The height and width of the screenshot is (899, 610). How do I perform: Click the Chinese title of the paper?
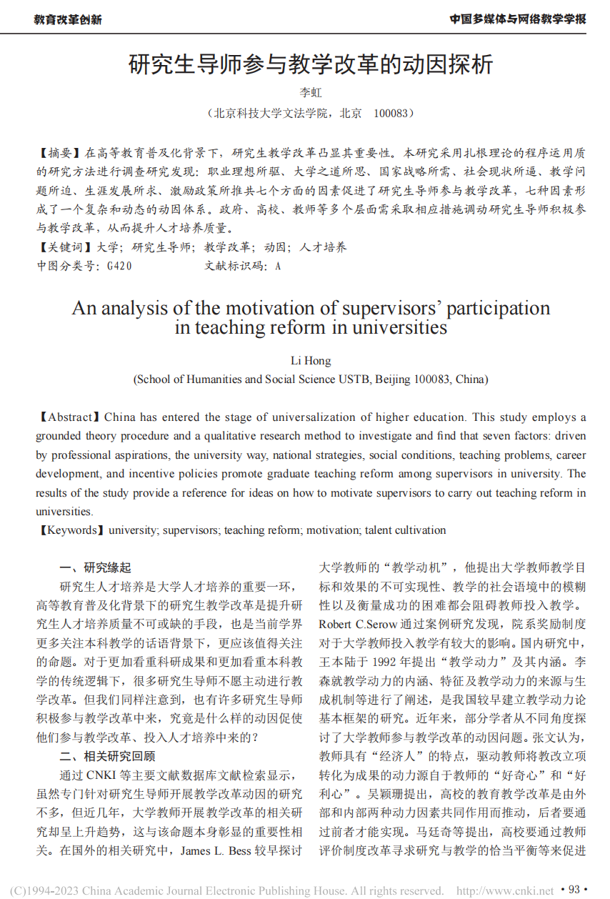(x=310, y=65)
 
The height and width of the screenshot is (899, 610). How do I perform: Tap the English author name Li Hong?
(x=311, y=361)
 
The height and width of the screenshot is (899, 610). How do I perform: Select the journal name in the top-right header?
(x=517, y=19)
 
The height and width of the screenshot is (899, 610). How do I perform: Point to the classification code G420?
(x=119, y=266)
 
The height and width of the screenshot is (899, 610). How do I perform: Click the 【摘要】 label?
(x=60, y=153)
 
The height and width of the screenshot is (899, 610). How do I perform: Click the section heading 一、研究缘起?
(x=96, y=568)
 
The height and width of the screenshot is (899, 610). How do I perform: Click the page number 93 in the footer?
(x=574, y=890)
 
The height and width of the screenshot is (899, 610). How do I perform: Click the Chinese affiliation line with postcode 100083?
(x=310, y=113)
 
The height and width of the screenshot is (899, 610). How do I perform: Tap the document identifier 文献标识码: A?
(x=243, y=266)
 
